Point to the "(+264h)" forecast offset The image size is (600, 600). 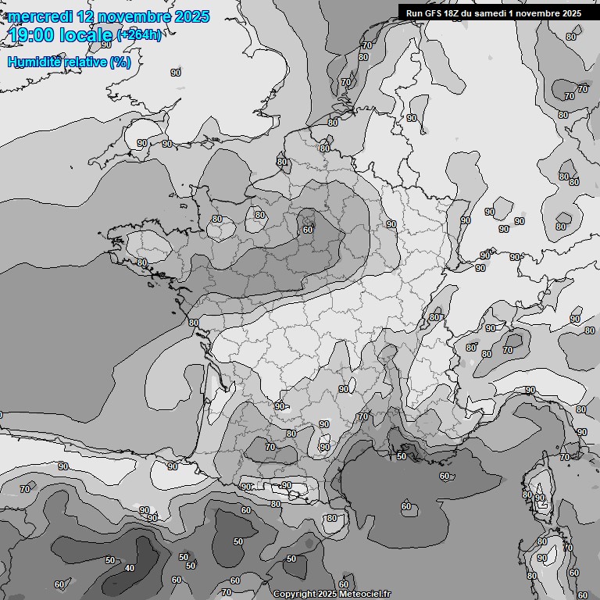pyautogui.click(x=139, y=34)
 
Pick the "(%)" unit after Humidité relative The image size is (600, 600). pyautogui.click(x=120, y=62)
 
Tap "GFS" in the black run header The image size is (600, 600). pyautogui.click(x=430, y=12)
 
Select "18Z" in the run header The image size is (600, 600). pyautogui.click(x=452, y=12)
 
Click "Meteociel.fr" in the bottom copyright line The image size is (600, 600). pyautogui.click(x=366, y=594)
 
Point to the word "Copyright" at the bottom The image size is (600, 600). pyautogui.click(x=294, y=594)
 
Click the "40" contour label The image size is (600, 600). pyautogui.click(x=129, y=568)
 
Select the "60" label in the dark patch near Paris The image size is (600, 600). pyautogui.click(x=308, y=230)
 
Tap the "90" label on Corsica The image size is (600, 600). pyautogui.click(x=540, y=498)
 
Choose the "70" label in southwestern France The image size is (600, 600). pyautogui.click(x=270, y=447)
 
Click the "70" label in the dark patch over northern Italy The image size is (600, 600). pyautogui.click(x=508, y=351)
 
